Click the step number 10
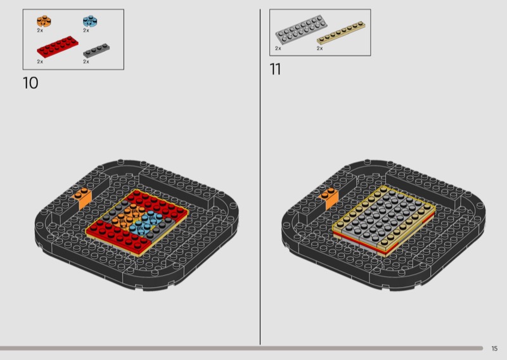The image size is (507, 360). point(30,83)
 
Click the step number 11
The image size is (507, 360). point(275,69)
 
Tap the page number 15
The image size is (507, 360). point(494,349)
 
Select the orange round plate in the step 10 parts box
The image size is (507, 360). point(44,21)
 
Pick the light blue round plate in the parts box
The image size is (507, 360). point(90,21)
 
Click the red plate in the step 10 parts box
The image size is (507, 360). point(58,46)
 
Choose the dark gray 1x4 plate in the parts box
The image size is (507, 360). point(96,50)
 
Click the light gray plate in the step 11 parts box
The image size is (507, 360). point(301,29)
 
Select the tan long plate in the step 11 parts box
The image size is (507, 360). point(341,33)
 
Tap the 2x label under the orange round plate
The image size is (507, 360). point(40,30)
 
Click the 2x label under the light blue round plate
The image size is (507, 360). point(86,30)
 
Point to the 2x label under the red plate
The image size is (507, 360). point(40,61)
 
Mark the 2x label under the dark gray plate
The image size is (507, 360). point(86,61)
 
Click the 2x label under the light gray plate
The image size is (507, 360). point(278,48)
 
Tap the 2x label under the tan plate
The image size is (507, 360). point(319,48)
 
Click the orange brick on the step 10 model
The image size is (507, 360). point(83,198)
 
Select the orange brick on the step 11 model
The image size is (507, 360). point(329,198)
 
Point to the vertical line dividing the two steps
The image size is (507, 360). point(260,177)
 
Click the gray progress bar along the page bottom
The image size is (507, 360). point(241,349)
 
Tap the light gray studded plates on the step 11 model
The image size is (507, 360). point(384,215)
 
